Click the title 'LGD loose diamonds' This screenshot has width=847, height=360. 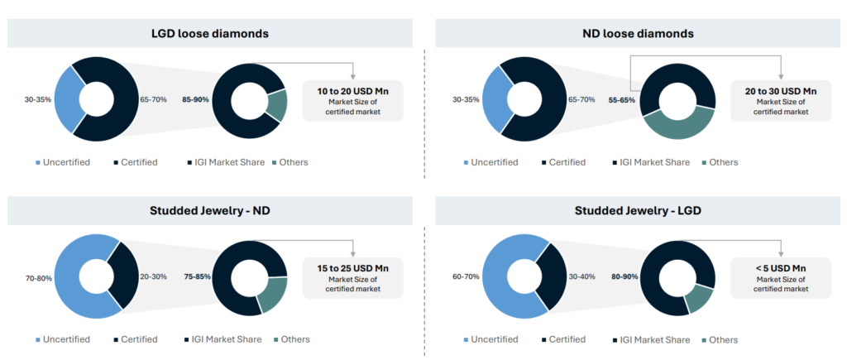210,33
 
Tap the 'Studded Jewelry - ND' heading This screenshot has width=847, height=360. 210,210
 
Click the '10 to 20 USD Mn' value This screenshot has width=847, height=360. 353,89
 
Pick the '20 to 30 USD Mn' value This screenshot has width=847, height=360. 781,89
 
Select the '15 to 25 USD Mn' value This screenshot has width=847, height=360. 353,268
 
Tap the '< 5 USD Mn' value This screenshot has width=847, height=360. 781,268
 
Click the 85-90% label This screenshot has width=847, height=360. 195,100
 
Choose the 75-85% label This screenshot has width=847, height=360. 195,278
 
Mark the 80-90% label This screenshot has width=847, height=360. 623,277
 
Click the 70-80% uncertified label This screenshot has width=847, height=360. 38,278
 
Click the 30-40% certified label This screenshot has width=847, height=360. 581,277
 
